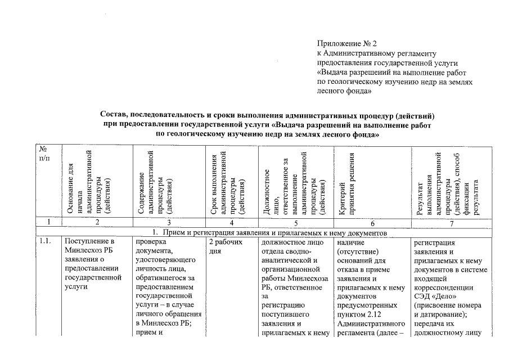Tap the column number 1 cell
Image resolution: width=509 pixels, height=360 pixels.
pos(49,222)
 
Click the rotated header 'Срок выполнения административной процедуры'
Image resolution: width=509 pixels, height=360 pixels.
pos(224,183)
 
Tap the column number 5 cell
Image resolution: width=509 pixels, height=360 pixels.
pos(295,222)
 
